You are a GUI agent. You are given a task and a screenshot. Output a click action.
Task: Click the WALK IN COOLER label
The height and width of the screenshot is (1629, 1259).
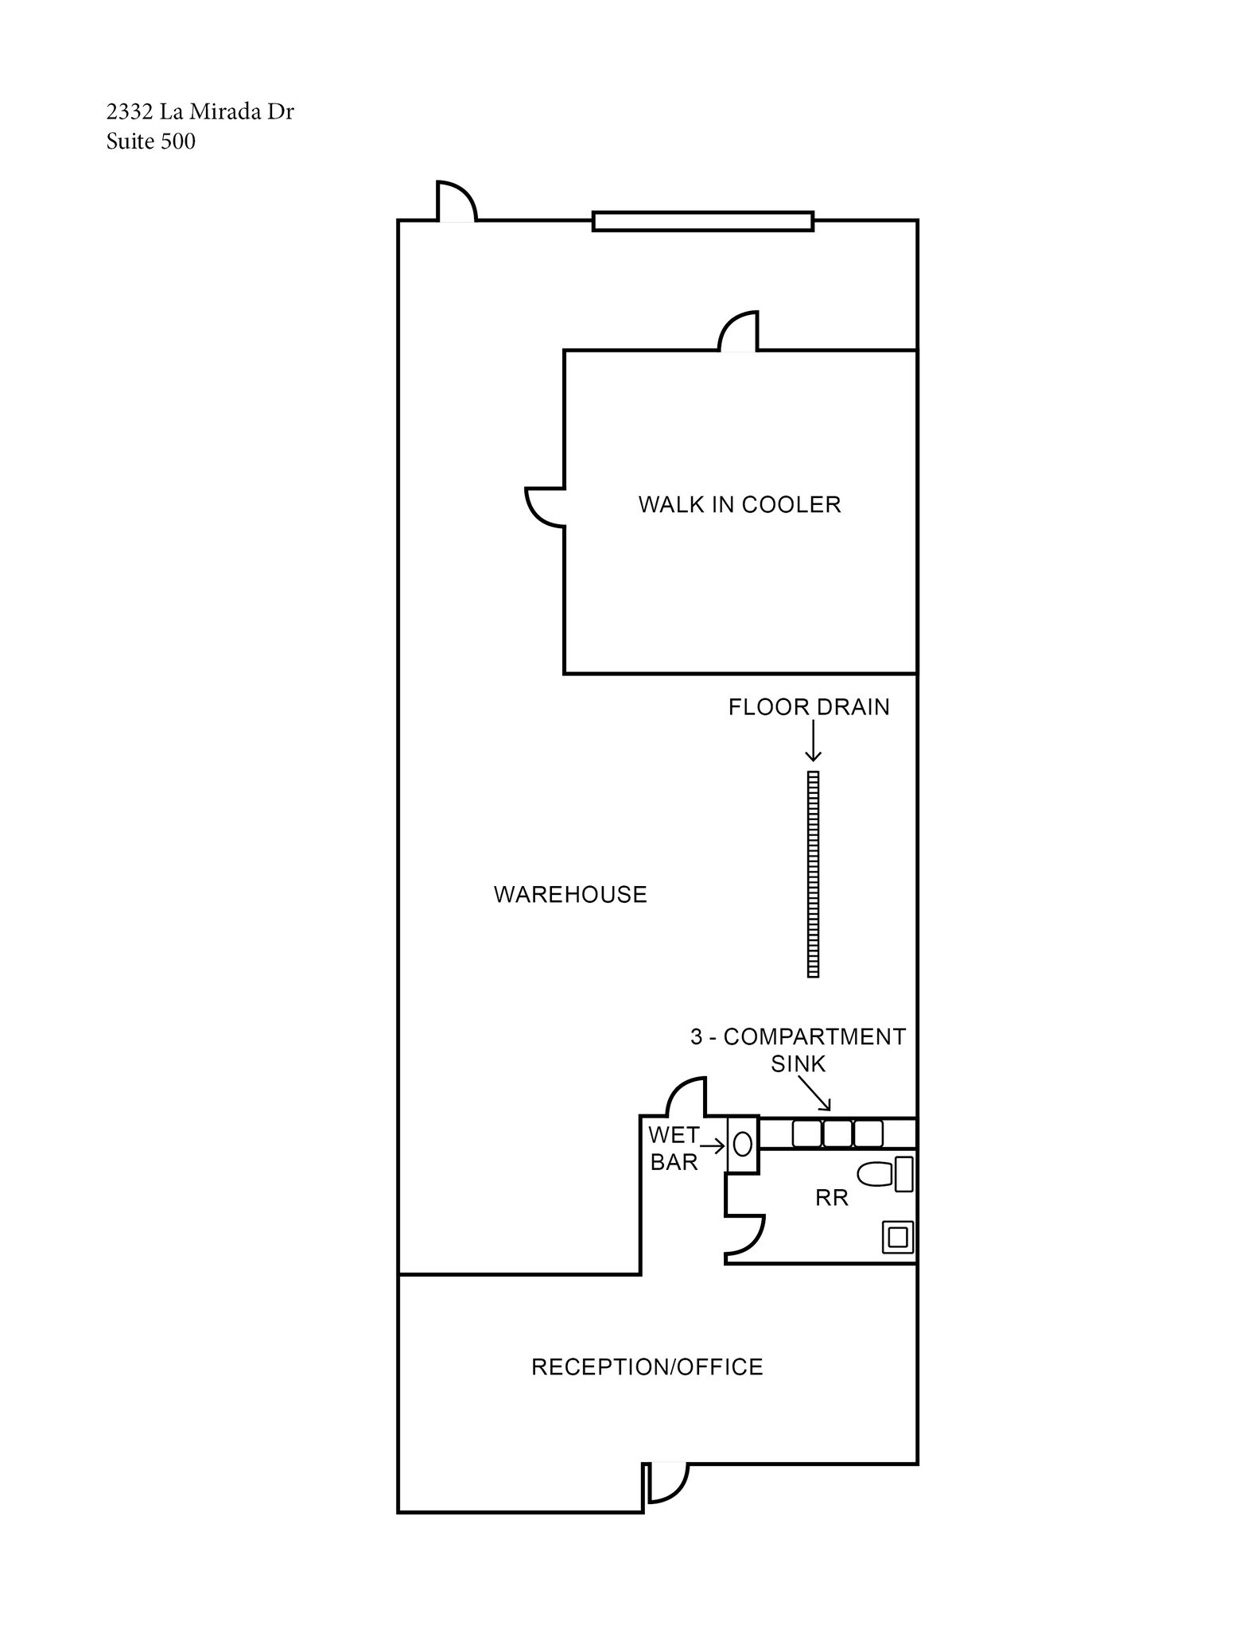[x=739, y=504]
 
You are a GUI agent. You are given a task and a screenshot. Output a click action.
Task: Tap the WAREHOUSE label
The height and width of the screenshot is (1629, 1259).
[x=570, y=895]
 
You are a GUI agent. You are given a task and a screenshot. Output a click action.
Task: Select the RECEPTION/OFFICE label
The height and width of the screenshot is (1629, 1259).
[x=647, y=1367]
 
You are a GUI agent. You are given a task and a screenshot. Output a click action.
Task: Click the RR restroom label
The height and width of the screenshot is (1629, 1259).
[x=832, y=1197]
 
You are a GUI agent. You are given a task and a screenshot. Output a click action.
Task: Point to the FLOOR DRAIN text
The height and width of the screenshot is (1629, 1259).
[x=809, y=707]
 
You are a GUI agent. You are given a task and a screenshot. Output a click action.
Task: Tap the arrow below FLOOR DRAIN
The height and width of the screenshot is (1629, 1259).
[x=813, y=743]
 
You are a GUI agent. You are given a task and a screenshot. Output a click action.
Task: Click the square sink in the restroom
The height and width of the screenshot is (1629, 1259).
[x=898, y=1238]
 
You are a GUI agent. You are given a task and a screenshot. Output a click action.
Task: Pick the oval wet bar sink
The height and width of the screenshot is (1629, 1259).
[x=743, y=1145]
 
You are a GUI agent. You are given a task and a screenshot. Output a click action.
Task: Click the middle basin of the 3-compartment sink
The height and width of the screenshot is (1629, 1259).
[x=837, y=1133]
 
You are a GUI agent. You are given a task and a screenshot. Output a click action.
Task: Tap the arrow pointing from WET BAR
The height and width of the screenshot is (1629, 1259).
[x=712, y=1146]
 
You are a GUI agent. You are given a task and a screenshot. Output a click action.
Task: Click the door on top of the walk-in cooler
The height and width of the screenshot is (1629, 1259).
[x=739, y=332]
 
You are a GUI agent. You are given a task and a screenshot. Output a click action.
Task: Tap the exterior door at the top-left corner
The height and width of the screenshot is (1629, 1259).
[x=457, y=202]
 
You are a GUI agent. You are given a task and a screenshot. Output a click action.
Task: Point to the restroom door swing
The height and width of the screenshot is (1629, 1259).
[x=745, y=1237]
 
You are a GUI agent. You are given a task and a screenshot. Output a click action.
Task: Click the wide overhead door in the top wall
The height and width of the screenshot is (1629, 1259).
[x=703, y=221]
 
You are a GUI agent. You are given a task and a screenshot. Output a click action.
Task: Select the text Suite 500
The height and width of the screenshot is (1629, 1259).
[x=151, y=142]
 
